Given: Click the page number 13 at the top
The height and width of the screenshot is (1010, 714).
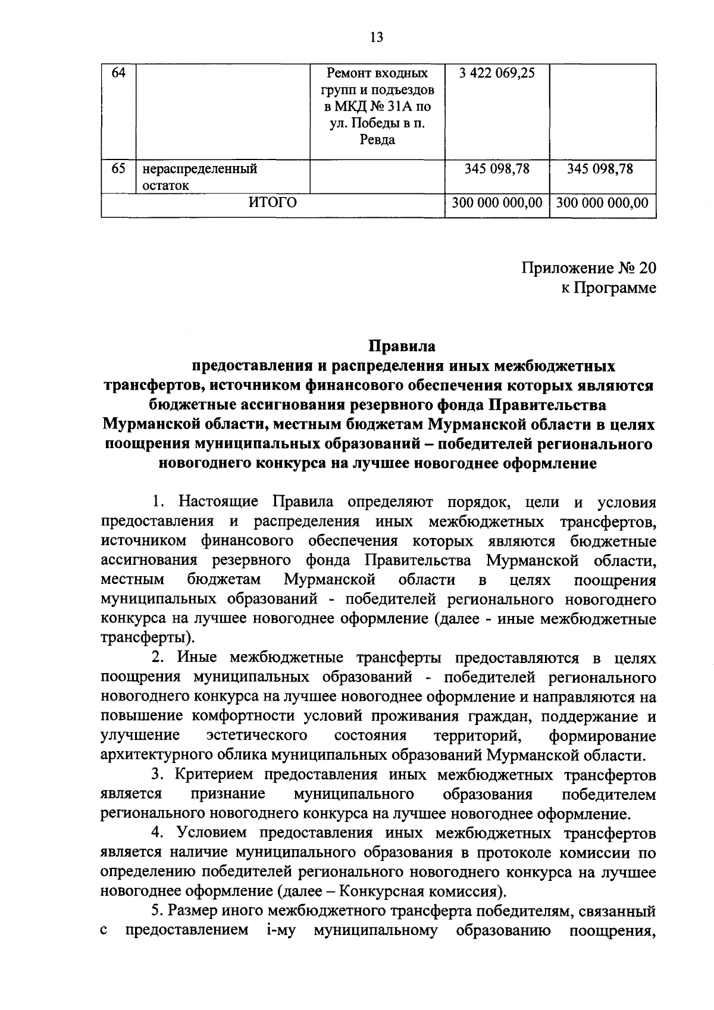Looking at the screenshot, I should coord(376,37).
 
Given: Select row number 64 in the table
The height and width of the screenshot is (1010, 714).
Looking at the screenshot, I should coord(118,74).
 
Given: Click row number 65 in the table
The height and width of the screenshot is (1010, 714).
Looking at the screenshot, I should coord(118,168).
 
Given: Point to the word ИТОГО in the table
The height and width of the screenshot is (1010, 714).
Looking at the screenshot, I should coord(272,203).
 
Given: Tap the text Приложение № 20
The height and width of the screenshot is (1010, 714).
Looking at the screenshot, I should coord(589,267).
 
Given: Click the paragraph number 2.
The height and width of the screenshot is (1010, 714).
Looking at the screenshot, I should coord(156,658).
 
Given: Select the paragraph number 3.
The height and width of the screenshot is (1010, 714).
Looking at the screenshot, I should coord(156,775).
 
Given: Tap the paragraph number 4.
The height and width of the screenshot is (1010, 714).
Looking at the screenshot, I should coord(156,833).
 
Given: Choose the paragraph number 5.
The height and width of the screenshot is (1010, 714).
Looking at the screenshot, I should coord(156,911).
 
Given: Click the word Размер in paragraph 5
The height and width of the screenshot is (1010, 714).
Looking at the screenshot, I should coord(194,911).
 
